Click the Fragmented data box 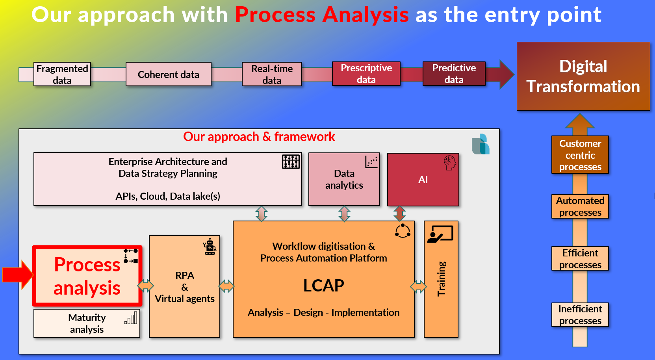point(62,74)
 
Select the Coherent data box point(169,74)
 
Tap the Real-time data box point(272,74)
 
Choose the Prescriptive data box point(366,74)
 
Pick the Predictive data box point(454,74)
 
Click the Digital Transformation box point(583,76)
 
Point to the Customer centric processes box point(580,155)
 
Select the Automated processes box point(580,206)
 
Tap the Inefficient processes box point(580,315)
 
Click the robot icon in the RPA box point(210,247)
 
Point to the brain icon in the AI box point(449,162)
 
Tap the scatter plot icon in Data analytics point(371,162)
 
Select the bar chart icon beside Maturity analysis point(131,318)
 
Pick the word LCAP point(323,286)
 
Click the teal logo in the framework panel point(481,144)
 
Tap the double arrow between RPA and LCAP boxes point(226,286)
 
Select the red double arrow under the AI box point(400,213)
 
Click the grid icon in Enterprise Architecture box point(291,161)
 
